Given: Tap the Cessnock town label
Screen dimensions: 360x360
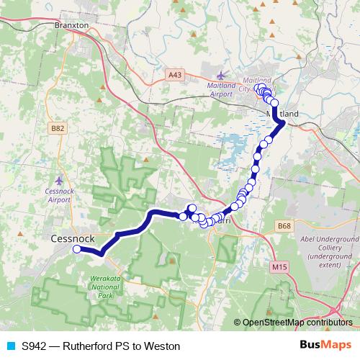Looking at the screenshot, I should pyautogui.click(x=73, y=238).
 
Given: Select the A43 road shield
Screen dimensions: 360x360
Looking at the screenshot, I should pyautogui.click(x=175, y=73).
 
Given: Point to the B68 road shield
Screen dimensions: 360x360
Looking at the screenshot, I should pyautogui.click(x=285, y=226).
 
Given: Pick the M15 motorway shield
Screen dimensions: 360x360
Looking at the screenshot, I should pyautogui.click(x=280, y=267).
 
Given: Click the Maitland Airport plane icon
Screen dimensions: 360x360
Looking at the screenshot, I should pyautogui.click(x=221, y=75).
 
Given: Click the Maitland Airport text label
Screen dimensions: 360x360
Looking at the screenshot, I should pyautogui.click(x=222, y=90).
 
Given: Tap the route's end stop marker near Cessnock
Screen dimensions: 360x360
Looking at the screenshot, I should pyautogui.click(x=76, y=249).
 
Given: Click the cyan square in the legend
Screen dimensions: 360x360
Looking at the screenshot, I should pyautogui.click(x=10, y=346).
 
